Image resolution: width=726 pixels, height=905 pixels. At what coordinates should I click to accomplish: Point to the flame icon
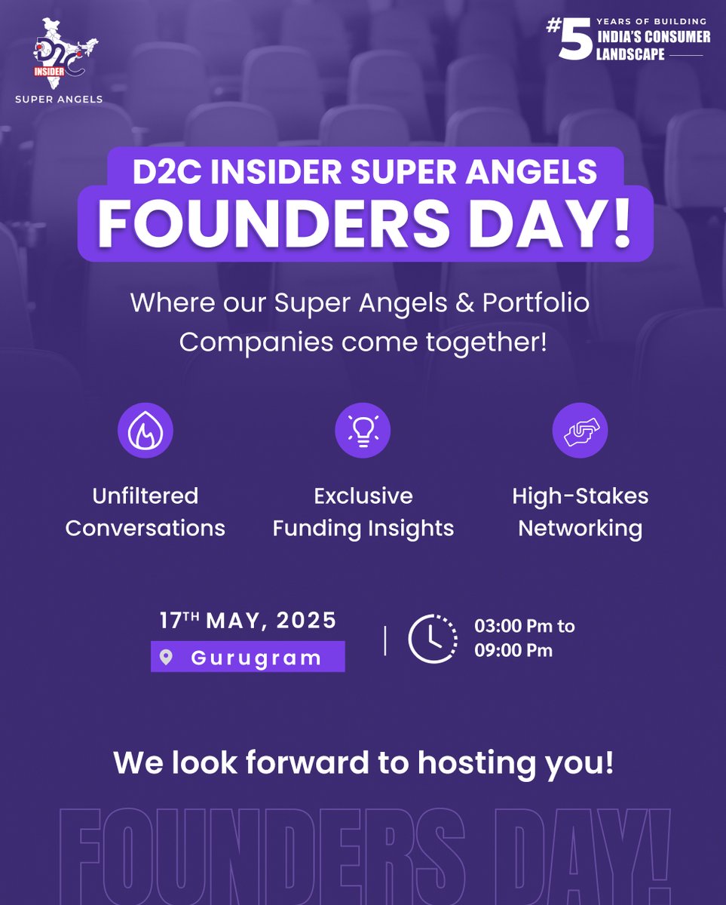(x=146, y=431)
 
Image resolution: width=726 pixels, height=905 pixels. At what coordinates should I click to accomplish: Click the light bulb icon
(x=363, y=431)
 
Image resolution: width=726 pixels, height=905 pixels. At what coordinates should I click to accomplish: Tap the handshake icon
(x=580, y=431)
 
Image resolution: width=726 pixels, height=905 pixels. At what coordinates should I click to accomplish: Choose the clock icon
(x=433, y=639)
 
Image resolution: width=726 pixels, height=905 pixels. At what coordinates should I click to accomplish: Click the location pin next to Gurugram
(x=167, y=657)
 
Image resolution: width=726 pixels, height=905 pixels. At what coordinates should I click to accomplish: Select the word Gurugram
(x=256, y=657)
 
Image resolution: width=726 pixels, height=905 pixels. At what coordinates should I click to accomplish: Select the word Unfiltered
(x=146, y=495)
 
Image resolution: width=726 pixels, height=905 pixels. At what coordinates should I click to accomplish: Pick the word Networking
(x=580, y=528)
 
